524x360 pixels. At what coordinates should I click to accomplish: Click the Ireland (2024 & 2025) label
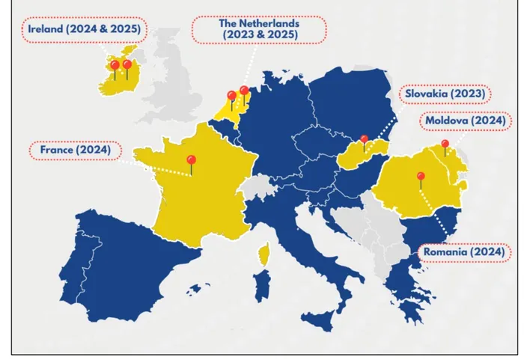coord(84,30)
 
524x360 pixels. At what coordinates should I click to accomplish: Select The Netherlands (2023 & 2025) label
coord(259,29)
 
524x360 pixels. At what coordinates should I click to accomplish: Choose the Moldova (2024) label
coord(465,120)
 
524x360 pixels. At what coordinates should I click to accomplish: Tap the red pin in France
coord(191,159)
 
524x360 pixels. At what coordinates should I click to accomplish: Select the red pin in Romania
coord(421,177)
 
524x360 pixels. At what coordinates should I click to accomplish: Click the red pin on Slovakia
coord(364,139)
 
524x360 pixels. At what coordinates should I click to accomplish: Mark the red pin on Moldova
coord(445,144)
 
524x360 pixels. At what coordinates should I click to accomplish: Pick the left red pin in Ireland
coord(115,66)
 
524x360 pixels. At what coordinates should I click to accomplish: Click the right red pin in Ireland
coord(127,65)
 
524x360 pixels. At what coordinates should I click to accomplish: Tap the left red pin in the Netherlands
coord(231,96)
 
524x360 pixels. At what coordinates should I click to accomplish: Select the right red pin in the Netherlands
coord(244,91)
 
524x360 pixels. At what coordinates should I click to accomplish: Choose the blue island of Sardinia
coord(262,288)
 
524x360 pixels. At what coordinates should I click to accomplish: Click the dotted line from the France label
coord(153,165)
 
